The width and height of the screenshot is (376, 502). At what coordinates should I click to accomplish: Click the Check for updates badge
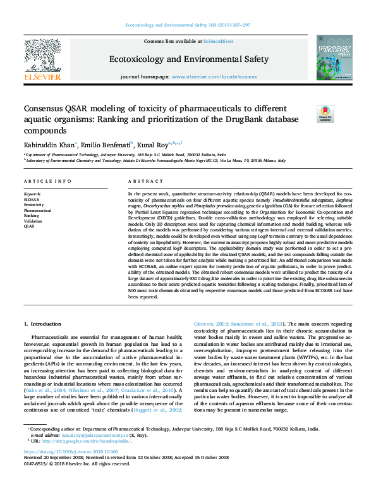pos(325,113)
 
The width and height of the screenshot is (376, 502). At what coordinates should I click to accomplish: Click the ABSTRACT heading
pos(142,180)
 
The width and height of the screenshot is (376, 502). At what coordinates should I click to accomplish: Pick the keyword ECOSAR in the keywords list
pos(31,200)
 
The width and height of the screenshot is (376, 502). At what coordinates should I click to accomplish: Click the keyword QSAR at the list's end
pos(29,225)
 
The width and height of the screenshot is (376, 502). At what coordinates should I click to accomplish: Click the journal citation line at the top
pos(188,25)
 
